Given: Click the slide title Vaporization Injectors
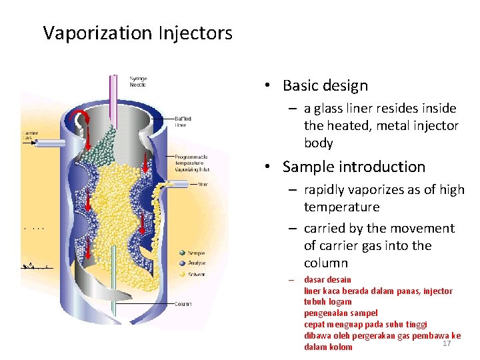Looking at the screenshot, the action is [137, 33].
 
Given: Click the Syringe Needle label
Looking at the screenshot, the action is [138, 81].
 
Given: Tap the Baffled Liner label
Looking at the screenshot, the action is [184, 121].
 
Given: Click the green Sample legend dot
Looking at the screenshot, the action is [182, 253].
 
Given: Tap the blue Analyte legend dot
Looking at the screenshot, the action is [182, 264].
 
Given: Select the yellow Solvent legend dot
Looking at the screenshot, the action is [182, 275].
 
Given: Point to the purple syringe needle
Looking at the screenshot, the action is [114, 93].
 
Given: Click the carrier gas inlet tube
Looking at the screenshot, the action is [50, 143].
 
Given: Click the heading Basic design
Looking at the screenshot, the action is [325, 86].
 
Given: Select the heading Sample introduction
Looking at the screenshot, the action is [353, 167].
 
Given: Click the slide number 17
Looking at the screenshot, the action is [447, 343].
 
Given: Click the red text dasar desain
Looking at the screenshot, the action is [327, 279].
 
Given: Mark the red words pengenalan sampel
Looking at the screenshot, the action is [340, 313].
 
